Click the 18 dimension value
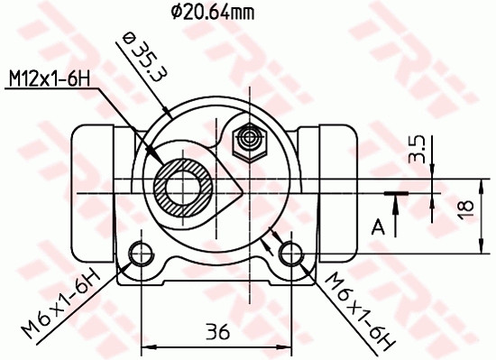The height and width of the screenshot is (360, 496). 464,208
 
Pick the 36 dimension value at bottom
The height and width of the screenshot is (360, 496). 216,331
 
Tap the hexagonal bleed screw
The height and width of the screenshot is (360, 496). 246,140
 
